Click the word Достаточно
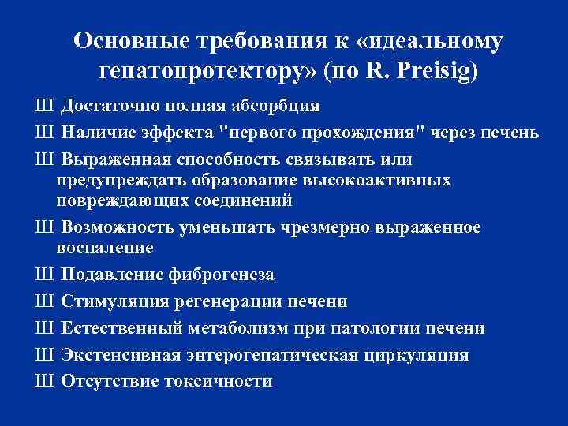[x=115, y=106]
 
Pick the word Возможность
[x=118, y=227]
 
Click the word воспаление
[x=105, y=248]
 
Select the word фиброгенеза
[x=221, y=275]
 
